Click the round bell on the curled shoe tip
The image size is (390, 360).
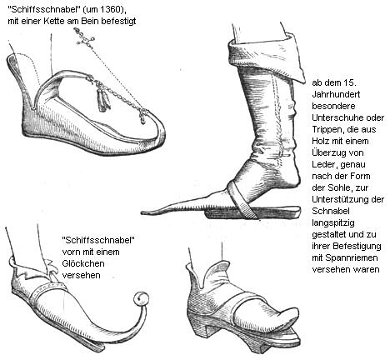[x=141, y=298]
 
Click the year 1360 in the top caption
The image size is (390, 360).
[x=112, y=10]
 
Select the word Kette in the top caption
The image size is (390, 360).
[x=54, y=22]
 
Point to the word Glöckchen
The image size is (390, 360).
[x=83, y=263]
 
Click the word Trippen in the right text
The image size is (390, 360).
[x=326, y=130]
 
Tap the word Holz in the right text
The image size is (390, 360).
[x=321, y=141]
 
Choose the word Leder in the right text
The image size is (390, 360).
[x=324, y=165]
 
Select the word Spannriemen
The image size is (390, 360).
[x=352, y=258]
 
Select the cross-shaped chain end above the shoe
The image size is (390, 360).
[x=83, y=39]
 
